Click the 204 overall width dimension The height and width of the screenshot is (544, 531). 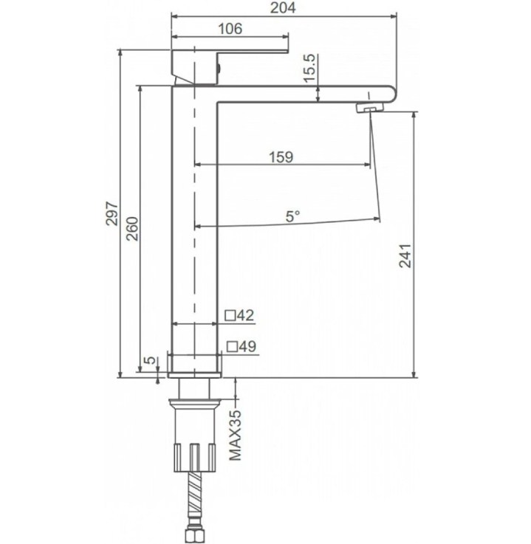click(283, 7)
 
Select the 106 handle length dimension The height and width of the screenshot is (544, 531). click(230, 29)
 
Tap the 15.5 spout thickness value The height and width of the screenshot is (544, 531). click(310, 68)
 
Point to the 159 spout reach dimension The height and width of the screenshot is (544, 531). click(281, 156)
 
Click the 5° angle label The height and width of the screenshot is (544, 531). click(292, 216)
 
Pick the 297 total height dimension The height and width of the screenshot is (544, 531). click(112, 214)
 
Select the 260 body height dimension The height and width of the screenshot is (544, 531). click(132, 229)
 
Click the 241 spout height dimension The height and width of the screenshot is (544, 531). click(405, 256)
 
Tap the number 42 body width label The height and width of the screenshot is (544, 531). click(246, 315)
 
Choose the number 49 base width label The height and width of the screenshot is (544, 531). click(248, 346)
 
